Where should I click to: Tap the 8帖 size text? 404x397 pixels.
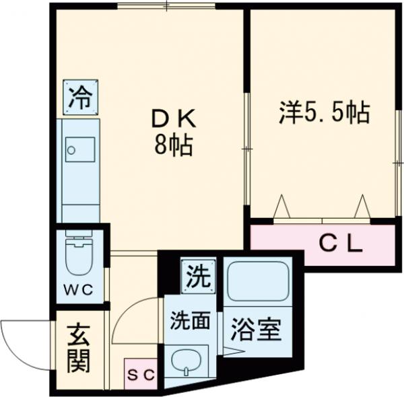173,145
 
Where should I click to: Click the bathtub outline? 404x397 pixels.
257,282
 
